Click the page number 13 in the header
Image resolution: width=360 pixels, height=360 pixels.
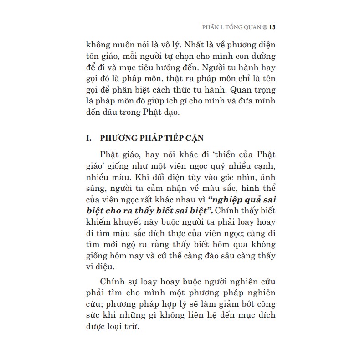[272, 27]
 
